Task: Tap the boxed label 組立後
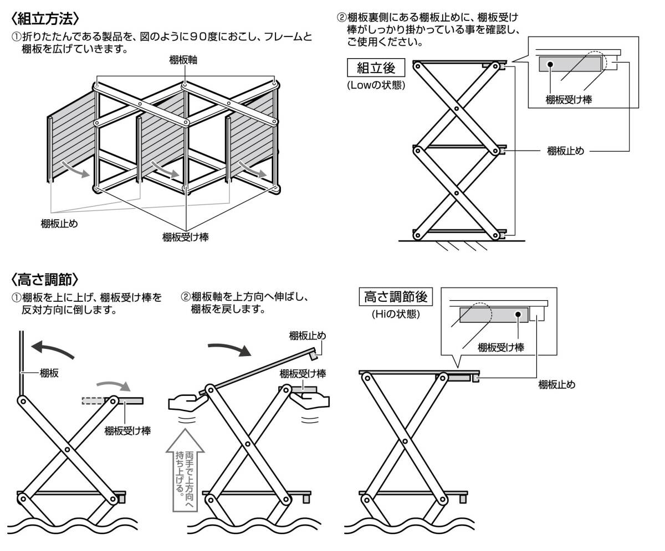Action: click(x=375, y=68)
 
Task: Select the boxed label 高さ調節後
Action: click(x=395, y=297)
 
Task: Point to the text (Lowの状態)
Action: click(x=376, y=85)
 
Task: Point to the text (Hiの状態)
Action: click(x=395, y=314)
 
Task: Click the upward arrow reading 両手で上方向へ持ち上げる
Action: click(x=182, y=471)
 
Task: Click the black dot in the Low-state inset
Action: click(x=551, y=64)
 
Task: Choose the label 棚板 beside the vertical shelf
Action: click(x=49, y=373)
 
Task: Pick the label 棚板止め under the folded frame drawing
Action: click(x=59, y=223)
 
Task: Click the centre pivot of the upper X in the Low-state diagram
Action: click(x=456, y=107)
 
